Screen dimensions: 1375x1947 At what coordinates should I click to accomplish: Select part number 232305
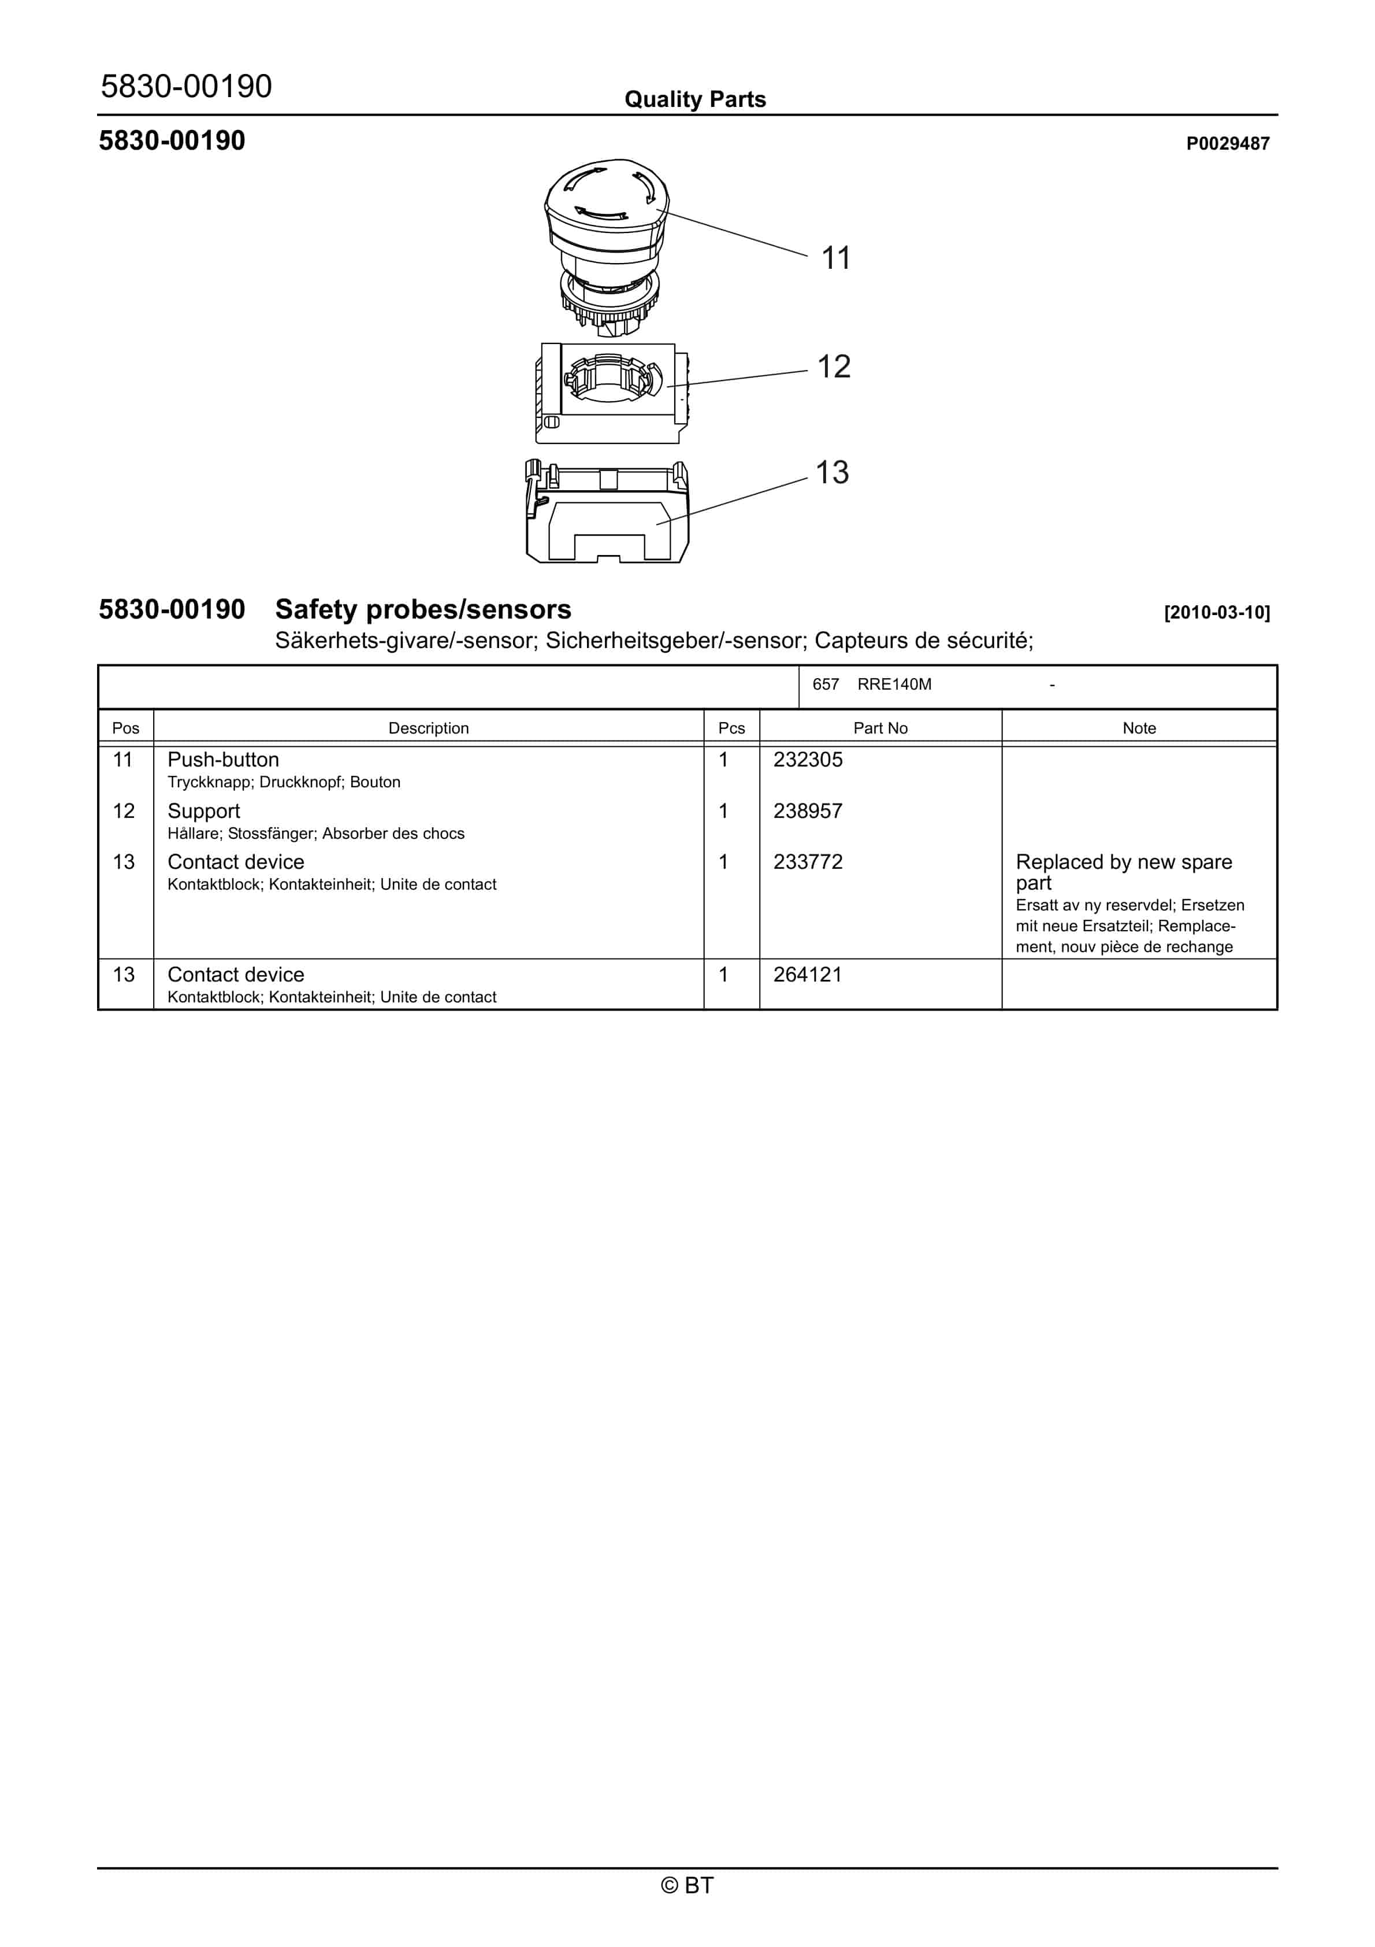808,760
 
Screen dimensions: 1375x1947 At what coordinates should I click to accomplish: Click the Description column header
428,728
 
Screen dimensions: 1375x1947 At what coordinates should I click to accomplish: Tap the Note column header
1139,728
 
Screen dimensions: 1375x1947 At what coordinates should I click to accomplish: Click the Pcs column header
731,728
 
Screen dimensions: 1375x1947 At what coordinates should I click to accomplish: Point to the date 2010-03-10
1217,612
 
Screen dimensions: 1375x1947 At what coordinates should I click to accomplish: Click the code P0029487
1228,143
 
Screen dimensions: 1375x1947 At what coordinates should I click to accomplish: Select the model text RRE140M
894,684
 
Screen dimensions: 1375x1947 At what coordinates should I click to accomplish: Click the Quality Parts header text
695,99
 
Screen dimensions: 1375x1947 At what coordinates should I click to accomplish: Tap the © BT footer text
687,1885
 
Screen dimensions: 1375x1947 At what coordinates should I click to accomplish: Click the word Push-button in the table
223,760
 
